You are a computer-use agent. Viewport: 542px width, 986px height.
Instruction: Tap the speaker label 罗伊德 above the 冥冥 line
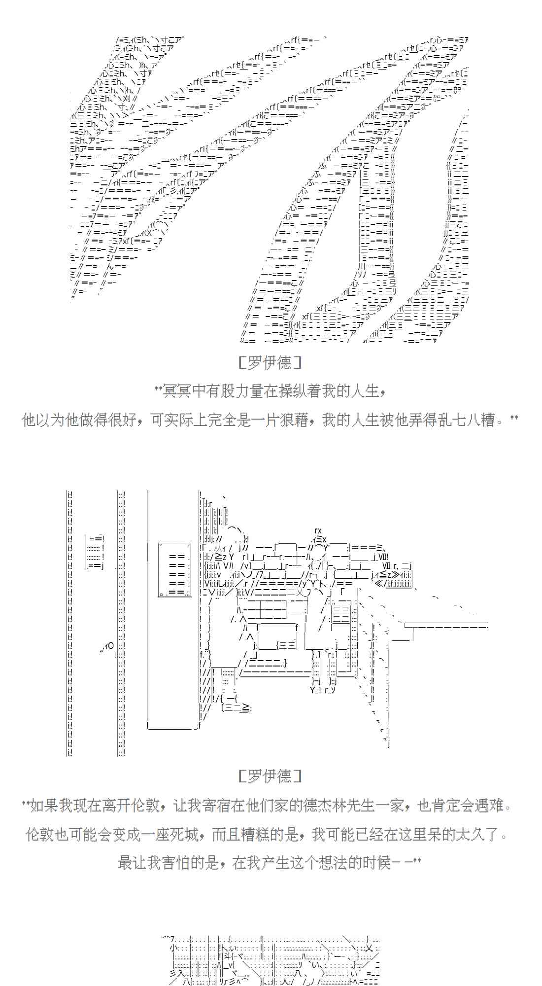270,363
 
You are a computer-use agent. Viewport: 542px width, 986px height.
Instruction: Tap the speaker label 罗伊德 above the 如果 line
270,776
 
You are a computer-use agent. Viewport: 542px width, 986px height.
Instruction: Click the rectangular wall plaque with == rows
174,570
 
